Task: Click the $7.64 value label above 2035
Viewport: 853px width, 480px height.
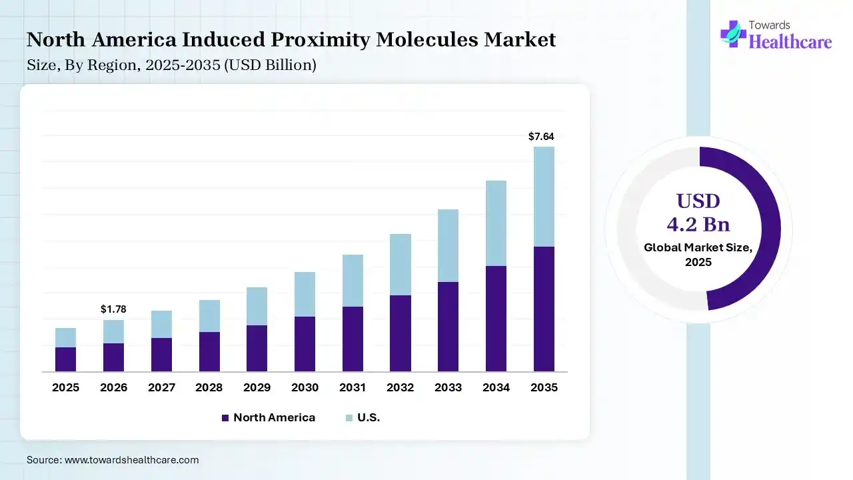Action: (x=541, y=137)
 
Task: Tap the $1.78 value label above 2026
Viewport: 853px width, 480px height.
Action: (x=113, y=309)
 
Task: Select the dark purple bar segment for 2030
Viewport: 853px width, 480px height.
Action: (x=305, y=343)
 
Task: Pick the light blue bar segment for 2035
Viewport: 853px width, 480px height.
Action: (x=544, y=197)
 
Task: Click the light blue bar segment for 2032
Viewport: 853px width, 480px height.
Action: (x=400, y=265)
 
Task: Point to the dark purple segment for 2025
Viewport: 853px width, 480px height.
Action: (x=65, y=359)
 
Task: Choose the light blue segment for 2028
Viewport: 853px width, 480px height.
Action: (x=209, y=316)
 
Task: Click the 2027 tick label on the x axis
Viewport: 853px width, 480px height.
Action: (x=161, y=387)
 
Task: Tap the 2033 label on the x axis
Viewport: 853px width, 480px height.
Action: (x=448, y=387)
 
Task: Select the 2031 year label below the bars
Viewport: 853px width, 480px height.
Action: (x=353, y=387)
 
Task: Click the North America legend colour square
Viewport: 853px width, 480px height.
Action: (x=225, y=418)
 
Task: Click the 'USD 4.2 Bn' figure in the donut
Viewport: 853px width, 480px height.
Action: (x=698, y=212)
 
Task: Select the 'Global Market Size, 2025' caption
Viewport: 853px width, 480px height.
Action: (x=698, y=255)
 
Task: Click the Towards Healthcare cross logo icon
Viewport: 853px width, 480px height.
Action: (x=732, y=33)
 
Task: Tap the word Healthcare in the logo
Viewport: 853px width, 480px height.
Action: (x=790, y=42)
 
